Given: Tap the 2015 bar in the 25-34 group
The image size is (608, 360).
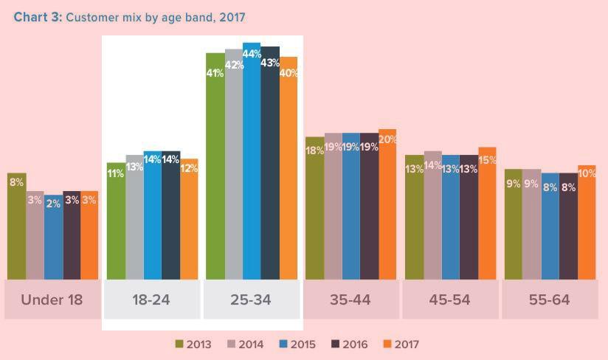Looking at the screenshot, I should click(252, 162).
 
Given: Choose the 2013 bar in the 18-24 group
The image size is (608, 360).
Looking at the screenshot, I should click(116, 221).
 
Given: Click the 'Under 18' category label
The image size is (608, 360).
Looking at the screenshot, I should click(52, 300).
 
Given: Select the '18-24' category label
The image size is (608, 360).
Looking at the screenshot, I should click(151, 300).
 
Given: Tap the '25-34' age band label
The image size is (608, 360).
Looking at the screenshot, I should click(251, 300).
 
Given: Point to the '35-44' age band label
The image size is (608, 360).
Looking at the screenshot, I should click(350, 300).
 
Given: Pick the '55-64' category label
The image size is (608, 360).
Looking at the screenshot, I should click(550, 300).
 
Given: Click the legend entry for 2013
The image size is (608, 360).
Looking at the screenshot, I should click(193, 345).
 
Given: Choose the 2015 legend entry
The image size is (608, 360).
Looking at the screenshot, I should click(297, 345).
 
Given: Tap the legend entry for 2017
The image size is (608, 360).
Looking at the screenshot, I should click(401, 345).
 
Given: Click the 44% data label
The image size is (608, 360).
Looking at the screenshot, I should click(252, 54).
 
